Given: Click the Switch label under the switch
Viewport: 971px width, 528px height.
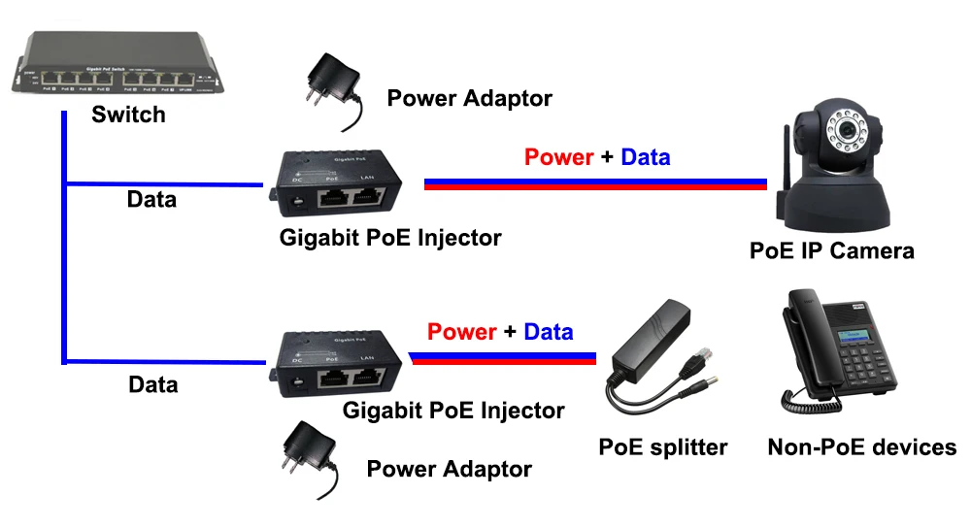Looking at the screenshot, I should tap(128, 115).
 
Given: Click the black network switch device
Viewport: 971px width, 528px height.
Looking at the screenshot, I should tap(116, 68).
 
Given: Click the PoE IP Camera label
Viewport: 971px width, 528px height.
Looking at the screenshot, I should tap(832, 250).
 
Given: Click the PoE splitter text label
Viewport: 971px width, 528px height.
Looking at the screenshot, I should tap(663, 447).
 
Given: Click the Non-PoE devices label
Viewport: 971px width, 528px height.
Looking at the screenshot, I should tap(862, 447).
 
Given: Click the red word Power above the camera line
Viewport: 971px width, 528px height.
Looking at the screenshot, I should tap(558, 156).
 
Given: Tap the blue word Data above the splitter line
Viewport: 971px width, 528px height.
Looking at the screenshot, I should tap(549, 332).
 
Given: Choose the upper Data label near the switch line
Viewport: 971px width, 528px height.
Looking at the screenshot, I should tap(152, 200).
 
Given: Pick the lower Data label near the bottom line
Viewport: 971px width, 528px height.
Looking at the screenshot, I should tap(153, 384).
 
